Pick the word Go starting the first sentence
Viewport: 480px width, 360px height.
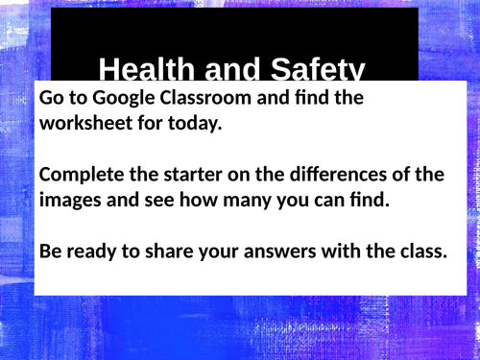pos(52,98)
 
